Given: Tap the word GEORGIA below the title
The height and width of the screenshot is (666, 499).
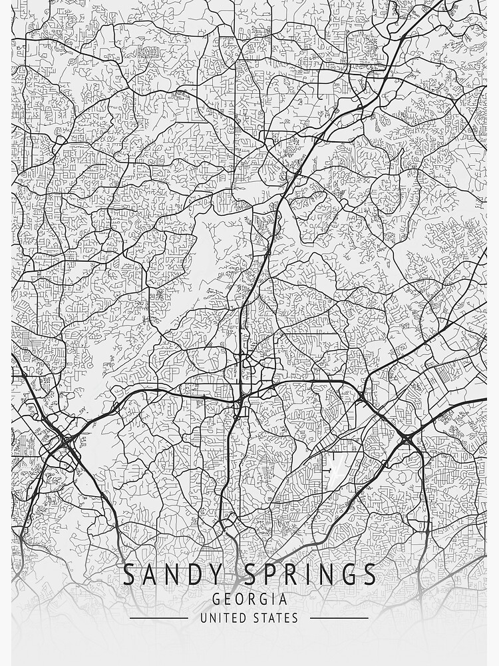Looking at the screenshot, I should tap(249, 599).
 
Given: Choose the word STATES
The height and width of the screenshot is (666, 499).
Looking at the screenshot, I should tap(276, 618).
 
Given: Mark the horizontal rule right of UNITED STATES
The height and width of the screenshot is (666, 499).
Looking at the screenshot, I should tap(339, 618).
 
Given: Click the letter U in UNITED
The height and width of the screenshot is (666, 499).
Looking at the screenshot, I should tap(204, 618).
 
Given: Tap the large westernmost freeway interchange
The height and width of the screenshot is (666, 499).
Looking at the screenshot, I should tap(67, 442).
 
